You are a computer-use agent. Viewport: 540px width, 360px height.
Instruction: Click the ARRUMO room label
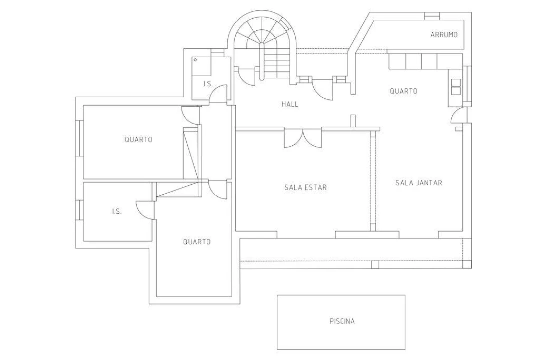(x=444, y=35)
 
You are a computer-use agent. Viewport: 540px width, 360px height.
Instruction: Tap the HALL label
(x=290, y=104)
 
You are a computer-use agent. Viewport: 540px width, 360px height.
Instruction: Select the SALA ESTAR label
(x=305, y=188)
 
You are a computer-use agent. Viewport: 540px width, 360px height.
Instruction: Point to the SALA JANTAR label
(x=418, y=183)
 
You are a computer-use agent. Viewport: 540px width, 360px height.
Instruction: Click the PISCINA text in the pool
(x=342, y=321)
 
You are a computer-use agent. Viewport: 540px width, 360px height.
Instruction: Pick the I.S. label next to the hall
(x=208, y=84)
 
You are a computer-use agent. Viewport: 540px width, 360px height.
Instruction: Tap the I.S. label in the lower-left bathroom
(x=116, y=212)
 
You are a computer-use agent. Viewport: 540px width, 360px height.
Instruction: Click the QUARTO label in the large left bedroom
(x=138, y=140)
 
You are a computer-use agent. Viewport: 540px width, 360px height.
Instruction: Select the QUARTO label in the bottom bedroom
(x=196, y=242)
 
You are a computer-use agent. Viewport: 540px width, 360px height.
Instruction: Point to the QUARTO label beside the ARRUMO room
(x=403, y=91)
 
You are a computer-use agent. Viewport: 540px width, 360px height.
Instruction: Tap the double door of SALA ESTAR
(x=303, y=138)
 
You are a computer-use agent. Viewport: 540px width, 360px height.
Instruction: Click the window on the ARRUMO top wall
(x=431, y=16)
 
